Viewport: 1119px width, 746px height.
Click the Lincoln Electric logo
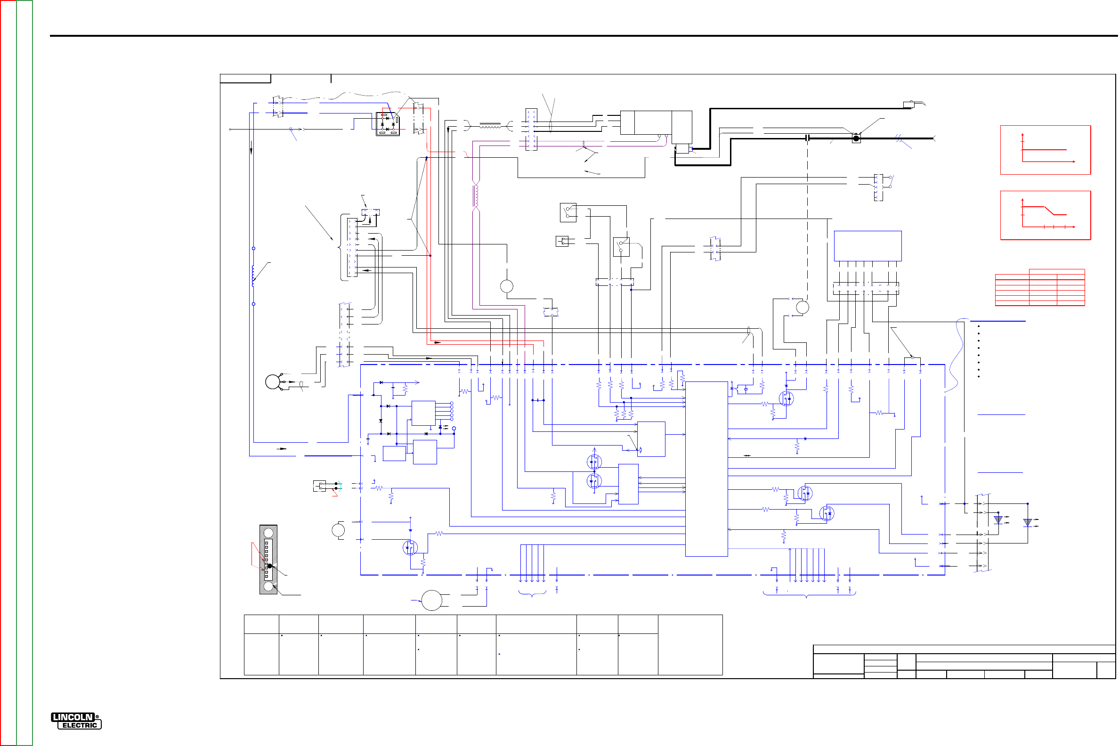click(x=76, y=721)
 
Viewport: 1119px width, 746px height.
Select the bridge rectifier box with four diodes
click(x=388, y=124)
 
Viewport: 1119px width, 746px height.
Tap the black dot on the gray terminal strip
click(x=270, y=566)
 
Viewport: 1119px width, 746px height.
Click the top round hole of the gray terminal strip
click(x=268, y=533)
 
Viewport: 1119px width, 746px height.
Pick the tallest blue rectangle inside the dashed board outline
click(x=706, y=469)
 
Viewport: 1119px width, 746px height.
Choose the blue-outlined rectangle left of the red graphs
click(x=868, y=246)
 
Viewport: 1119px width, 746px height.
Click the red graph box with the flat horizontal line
click(x=1046, y=150)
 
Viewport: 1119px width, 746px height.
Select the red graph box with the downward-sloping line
click(x=1046, y=216)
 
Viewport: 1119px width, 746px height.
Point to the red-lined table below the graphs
click(x=1040, y=288)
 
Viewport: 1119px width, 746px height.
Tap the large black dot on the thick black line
click(x=856, y=138)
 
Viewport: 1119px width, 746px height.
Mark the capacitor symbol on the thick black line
click(x=808, y=138)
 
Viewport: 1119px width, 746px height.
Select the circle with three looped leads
click(x=273, y=382)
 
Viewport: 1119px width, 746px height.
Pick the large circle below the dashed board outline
click(x=432, y=600)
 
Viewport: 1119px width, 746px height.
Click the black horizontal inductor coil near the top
click(x=490, y=126)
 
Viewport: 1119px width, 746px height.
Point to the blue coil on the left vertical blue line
click(x=253, y=276)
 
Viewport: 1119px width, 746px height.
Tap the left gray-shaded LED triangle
click(x=998, y=520)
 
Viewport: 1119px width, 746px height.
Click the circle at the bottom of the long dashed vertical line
click(x=803, y=308)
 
